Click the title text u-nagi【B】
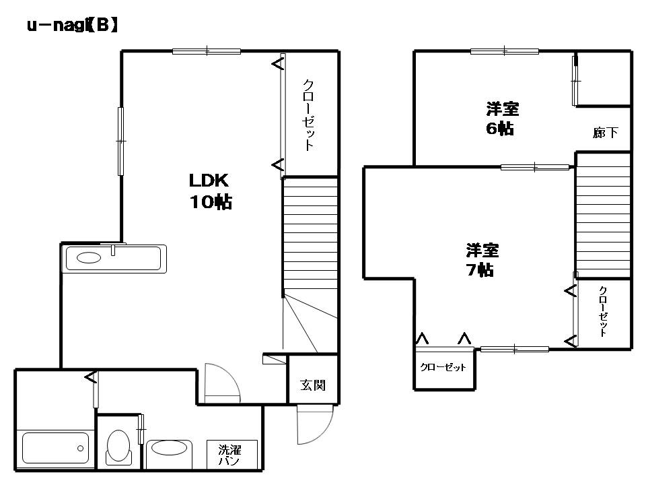coord(73,26)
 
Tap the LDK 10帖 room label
coord(210,191)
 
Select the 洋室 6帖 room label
coord(502,119)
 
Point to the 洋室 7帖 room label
coord(482,260)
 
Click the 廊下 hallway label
coord(605,133)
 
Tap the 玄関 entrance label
coord(313,385)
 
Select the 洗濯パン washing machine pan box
coord(232,455)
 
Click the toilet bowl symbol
coord(118,447)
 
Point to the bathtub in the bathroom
coord(55,447)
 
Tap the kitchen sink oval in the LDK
coord(89,258)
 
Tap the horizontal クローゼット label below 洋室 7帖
coord(443,367)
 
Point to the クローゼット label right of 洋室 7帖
coord(603,311)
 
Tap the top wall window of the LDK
coord(207,51)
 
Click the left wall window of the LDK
coord(120,141)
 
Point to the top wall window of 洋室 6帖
coord(505,51)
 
